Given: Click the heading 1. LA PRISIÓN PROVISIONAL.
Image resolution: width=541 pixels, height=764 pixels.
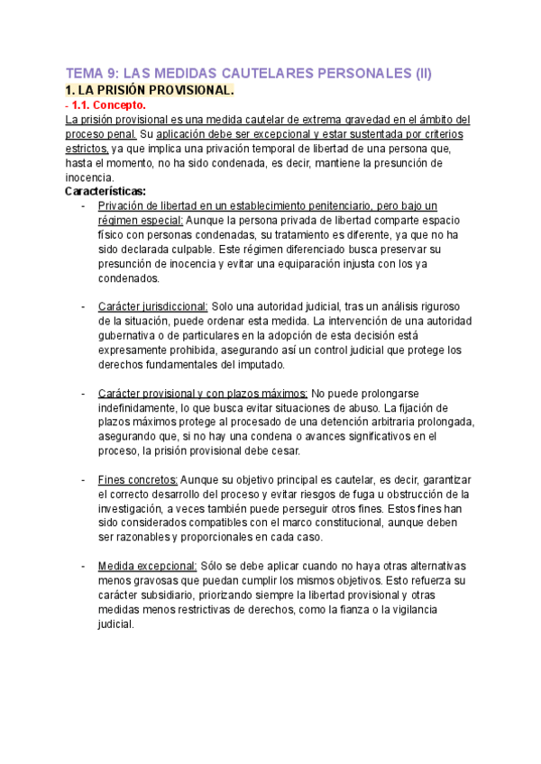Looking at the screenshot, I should tap(150, 91).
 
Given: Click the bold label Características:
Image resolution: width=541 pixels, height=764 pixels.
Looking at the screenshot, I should tap(106, 192).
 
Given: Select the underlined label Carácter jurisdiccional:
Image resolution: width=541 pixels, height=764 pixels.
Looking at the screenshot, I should tap(153, 307).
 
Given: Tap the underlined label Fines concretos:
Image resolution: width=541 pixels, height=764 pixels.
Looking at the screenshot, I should tap(138, 480).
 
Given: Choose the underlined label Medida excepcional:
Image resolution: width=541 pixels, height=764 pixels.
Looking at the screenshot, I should tap(147, 566).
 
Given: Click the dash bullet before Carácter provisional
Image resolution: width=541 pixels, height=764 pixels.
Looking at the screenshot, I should tap(83, 394).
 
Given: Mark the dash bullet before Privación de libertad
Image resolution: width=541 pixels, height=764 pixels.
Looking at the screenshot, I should tap(83, 206).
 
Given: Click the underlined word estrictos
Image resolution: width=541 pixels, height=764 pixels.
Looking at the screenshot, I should tap(88, 149).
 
